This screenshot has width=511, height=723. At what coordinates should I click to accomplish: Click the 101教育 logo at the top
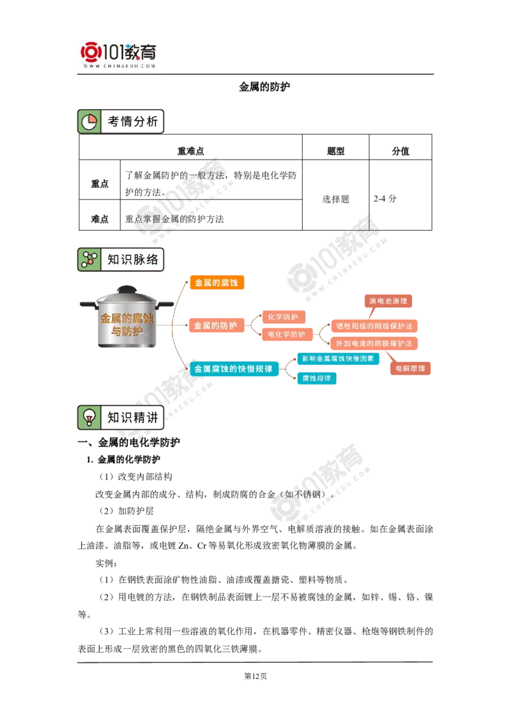click(119, 55)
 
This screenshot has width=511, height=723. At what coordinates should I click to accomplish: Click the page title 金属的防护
click(264, 87)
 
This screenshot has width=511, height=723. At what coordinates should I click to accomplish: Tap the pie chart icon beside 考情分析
click(89, 122)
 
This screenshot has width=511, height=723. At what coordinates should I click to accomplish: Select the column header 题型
click(335, 151)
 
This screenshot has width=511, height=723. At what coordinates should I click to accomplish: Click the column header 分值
click(400, 151)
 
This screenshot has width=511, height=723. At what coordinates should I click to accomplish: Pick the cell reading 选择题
click(336, 199)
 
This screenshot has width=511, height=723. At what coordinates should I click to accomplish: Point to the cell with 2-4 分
click(385, 199)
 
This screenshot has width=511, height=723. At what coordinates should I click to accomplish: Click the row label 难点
click(100, 219)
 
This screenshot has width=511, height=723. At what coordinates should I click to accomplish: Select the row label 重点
click(100, 183)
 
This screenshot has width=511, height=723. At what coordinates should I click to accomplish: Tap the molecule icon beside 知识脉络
click(89, 259)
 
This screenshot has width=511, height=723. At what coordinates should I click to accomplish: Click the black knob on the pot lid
click(126, 289)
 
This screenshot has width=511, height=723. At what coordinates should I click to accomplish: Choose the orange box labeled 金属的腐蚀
click(217, 283)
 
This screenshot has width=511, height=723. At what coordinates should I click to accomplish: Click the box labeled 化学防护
click(283, 317)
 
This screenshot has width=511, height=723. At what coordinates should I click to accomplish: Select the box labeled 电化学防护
click(287, 334)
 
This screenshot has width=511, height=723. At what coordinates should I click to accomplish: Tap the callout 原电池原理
click(388, 301)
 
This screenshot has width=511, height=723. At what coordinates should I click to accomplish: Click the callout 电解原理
click(411, 369)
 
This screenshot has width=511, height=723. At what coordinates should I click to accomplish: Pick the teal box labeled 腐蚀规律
click(316, 378)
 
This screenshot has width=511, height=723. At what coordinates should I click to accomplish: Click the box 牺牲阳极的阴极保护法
click(374, 326)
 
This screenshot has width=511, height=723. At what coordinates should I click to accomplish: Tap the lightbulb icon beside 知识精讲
click(89, 417)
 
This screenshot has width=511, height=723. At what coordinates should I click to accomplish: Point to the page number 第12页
click(256, 676)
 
